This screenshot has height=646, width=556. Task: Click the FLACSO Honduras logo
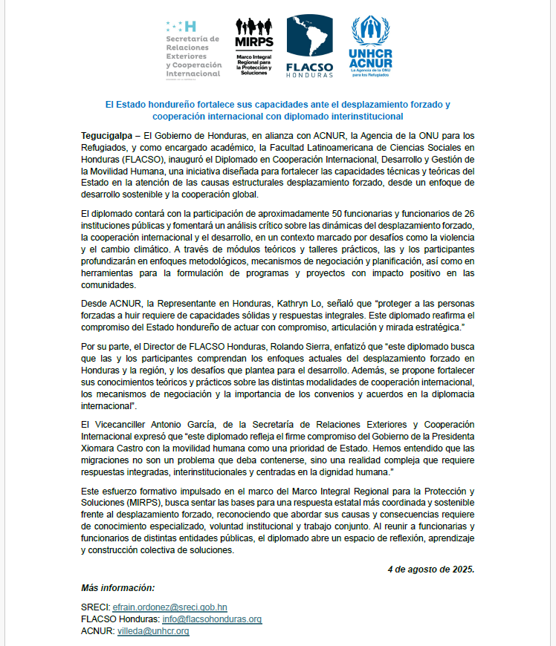[x=309, y=46]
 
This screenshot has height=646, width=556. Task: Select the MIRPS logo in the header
[x=253, y=46]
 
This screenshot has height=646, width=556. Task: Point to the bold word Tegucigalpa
[x=107, y=136]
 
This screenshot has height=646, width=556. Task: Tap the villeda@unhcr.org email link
[x=153, y=631]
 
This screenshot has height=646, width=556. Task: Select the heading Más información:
[x=117, y=587]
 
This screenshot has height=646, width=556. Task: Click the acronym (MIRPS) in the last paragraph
[x=127, y=503]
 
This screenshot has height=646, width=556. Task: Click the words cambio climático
[x=128, y=250]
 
